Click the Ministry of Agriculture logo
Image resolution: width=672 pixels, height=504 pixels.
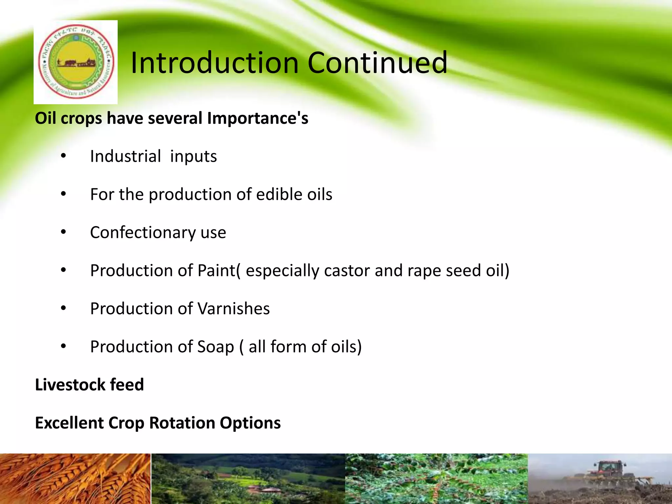[75, 62]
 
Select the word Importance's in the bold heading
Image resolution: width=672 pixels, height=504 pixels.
[258, 118]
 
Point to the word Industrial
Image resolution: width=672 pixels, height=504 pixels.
[125, 156]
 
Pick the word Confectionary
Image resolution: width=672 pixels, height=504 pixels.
[142, 233]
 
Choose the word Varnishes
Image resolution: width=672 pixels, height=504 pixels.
[234, 309]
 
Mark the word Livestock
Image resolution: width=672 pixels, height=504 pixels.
[70, 385]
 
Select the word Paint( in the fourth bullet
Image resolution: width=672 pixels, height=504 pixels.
[219, 271]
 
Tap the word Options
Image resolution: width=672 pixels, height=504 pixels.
[250, 423]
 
